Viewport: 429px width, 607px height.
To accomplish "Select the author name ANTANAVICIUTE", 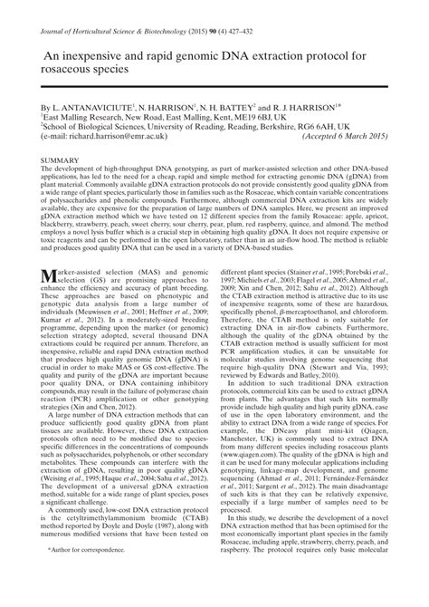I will pos(88,107).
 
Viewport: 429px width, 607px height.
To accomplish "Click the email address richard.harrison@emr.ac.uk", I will pos(105,137).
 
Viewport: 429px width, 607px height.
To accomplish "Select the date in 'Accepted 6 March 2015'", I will pos(349,137).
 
